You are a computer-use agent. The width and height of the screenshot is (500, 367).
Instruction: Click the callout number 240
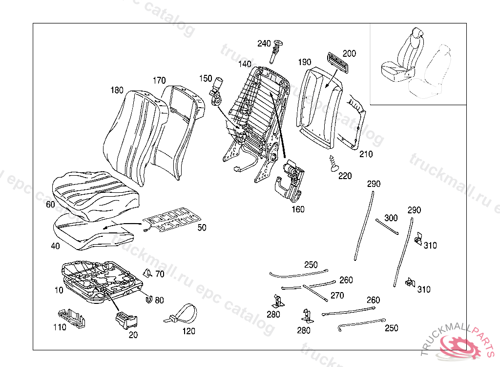point(264,44)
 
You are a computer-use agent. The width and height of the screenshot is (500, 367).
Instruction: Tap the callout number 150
point(206,78)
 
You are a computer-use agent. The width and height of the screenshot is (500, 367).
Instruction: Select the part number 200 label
point(349,53)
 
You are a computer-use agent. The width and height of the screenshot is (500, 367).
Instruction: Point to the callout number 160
point(298,209)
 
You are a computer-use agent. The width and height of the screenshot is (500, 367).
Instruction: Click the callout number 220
point(345,176)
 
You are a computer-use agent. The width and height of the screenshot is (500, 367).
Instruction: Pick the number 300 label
point(391,218)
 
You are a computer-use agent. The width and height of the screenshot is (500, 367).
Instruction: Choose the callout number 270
point(337,296)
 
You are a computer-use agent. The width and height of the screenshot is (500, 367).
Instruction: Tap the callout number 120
point(188,331)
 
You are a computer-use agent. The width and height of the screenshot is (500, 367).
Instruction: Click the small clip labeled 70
point(146,273)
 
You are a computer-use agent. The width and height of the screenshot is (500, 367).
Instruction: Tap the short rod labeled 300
point(387,226)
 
